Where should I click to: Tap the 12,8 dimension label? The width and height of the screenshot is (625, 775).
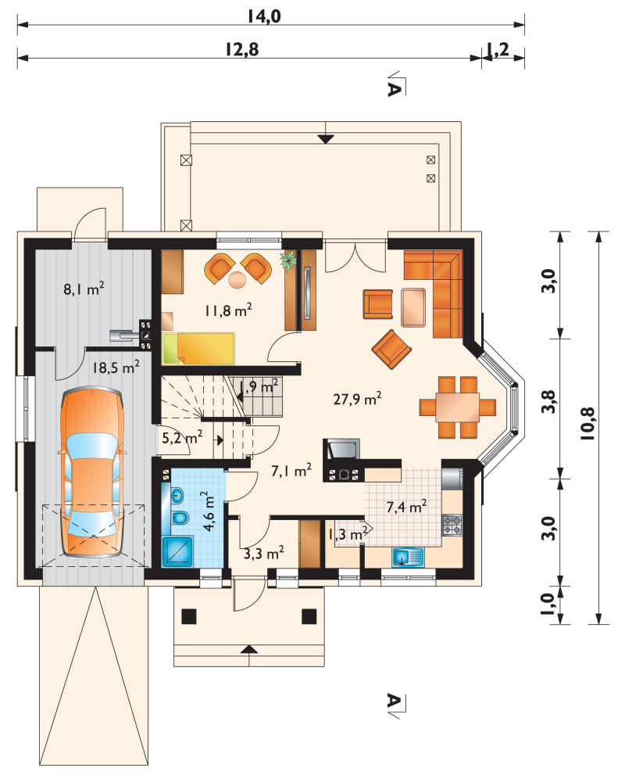click(x=242, y=49)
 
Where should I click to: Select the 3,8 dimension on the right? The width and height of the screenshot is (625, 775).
click(x=548, y=401)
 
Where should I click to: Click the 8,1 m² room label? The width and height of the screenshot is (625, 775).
click(x=84, y=288)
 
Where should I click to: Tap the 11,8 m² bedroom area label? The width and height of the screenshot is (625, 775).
click(x=229, y=310)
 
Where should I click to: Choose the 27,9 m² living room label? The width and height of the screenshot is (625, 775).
click(x=358, y=398)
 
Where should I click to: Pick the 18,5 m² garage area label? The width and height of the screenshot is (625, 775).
click(x=116, y=367)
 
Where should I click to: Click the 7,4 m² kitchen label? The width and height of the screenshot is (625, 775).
click(x=407, y=507)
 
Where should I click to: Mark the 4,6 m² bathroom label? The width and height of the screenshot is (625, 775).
click(x=209, y=511)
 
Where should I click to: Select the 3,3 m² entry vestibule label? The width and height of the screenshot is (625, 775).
click(x=263, y=553)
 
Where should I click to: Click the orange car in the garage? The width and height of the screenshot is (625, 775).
click(x=91, y=472)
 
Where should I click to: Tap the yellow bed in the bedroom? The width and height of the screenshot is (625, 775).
click(x=198, y=349)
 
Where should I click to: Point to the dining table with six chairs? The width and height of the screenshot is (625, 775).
click(x=457, y=407)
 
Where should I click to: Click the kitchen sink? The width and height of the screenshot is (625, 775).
click(x=408, y=557)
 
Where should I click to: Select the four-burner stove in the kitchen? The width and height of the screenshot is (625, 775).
click(x=452, y=525)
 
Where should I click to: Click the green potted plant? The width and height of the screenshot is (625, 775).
click(x=287, y=260)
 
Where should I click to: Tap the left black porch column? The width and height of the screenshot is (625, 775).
click(x=189, y=616)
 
